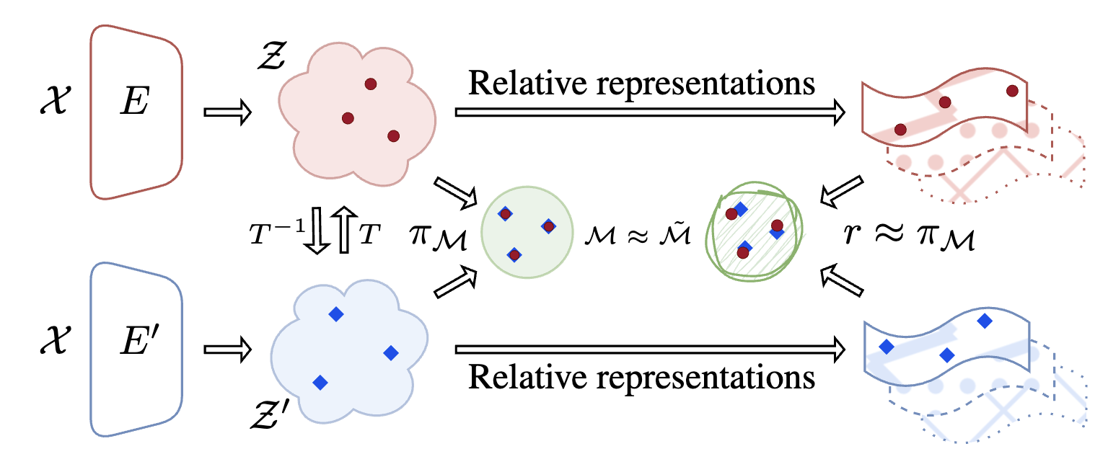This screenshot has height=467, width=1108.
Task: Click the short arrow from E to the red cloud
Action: [227, 112]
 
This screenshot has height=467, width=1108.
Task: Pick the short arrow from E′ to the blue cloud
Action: [227, 350]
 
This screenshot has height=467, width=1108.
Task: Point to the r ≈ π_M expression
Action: [907, 236]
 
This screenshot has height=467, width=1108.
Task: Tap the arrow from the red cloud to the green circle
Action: [456, 191]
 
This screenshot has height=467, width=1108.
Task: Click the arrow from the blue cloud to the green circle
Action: [455, 281]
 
